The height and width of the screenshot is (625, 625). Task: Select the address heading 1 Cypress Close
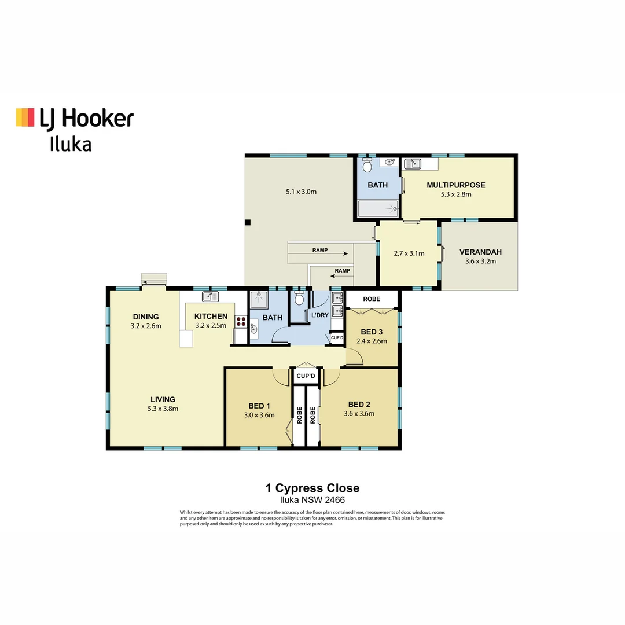312,488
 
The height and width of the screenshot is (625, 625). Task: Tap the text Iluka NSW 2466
312,500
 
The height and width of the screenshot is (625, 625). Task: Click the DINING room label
145,317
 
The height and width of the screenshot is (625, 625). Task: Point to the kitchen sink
209,297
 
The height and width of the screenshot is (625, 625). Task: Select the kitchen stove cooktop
241,322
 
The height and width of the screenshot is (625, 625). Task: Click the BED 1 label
259,405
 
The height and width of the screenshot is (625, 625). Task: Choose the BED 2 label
359,404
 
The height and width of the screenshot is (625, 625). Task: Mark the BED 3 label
372,332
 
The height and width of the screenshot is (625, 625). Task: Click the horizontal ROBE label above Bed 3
372,299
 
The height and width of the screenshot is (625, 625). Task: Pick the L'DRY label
319,315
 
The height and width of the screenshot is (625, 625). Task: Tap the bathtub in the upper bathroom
378,208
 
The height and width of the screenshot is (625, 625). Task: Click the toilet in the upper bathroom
366,166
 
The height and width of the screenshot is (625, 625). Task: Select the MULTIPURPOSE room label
455,185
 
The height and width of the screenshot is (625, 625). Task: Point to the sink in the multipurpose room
413,164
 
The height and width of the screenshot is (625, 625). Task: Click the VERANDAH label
480,252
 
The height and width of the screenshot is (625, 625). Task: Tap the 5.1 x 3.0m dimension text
301,192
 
